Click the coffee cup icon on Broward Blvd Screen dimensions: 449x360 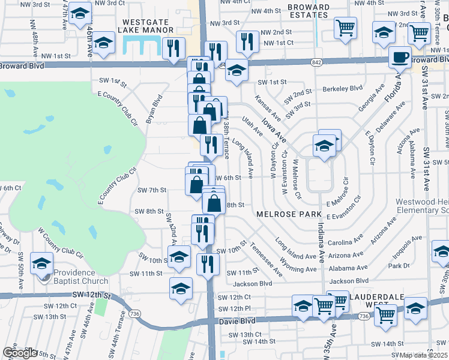(x=399, y=58)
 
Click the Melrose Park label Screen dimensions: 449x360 (x=285, y=214)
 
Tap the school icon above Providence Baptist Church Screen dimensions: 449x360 (x=42, y=263)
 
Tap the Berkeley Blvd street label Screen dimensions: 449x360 (x=343, y=88)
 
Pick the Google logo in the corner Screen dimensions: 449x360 (x=20, y=353)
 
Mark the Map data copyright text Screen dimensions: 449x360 (x=424, y=355)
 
